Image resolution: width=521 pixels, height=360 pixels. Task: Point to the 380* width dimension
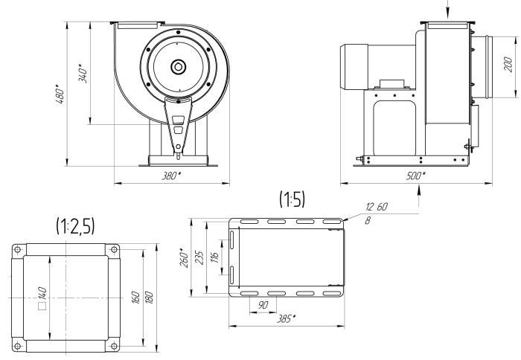[171, 176]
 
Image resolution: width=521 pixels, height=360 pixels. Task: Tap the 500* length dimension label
[417, 176]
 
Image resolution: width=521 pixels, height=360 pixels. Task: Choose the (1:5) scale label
[292, 199]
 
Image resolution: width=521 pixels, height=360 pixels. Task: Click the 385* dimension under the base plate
[285, 319]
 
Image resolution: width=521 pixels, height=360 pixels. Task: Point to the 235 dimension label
[198, 257]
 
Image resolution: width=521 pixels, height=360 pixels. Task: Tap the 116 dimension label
[214, 257]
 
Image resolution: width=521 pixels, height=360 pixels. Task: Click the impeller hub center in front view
[179, 66]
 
